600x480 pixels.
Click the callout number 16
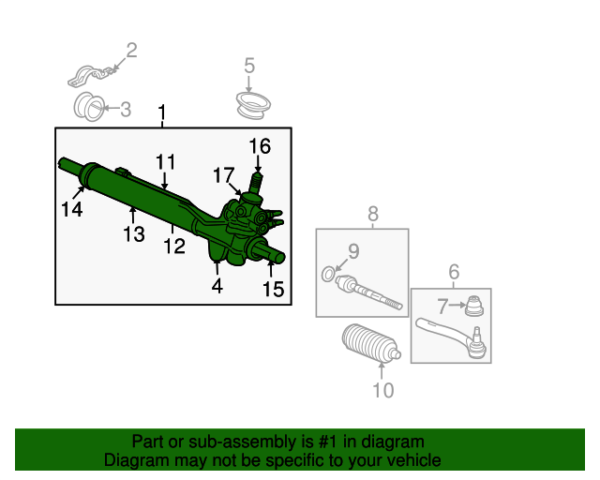tap(260, 146)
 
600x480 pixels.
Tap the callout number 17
tap(224, 175)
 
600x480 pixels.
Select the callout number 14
tap(72, 209)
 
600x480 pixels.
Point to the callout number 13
tap(134, 233)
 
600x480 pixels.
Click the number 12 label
tap(174, 247)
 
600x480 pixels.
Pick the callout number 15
tap(274, 289)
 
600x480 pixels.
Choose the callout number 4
tap(217, 286)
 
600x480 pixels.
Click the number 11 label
tap(166, 162)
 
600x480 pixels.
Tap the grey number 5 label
tap(249, 66)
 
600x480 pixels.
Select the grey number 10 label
tap(383, 390)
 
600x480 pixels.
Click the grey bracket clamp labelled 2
tap(92, 76)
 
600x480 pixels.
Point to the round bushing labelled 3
tap(89, 107)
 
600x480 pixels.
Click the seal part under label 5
tap(253, 105)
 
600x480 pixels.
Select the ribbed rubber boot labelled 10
tap(371, 344)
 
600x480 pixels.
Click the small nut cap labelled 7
tap(474, 306)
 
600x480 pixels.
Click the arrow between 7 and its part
tap(457, 305)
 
